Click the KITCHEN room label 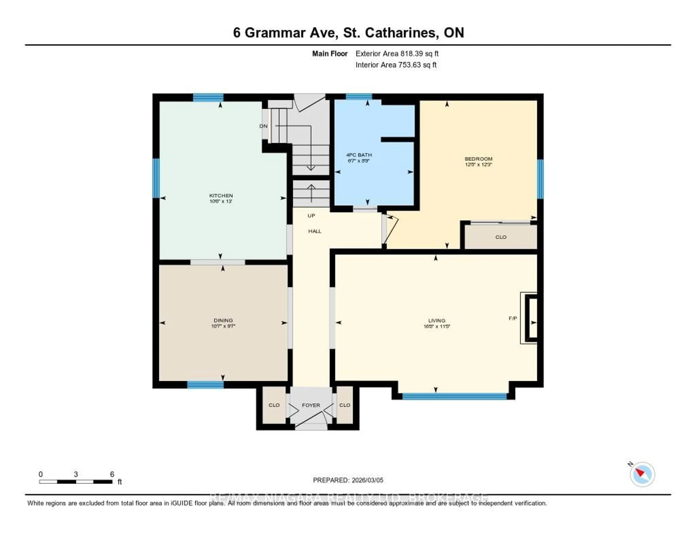221,196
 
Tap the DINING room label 223,320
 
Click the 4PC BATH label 359,155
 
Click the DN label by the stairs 263,126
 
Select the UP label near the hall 311,216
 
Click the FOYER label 311,405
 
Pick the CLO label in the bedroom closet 501,237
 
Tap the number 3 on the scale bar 76,474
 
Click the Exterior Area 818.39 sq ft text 397,54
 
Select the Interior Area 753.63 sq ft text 396,65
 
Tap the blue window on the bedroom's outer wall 540,179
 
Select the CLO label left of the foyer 274,405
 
